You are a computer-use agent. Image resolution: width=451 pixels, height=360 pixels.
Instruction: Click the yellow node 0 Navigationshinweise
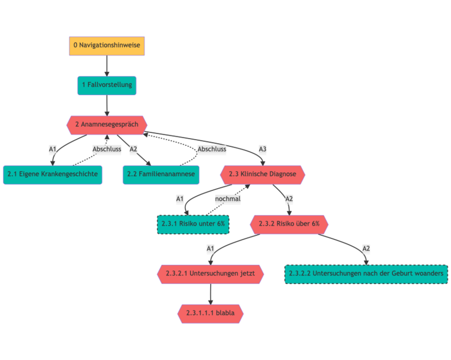107,45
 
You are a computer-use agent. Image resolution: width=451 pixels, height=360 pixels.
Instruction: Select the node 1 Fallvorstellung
107,85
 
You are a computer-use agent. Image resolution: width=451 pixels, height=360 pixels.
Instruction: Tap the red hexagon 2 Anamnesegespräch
107,124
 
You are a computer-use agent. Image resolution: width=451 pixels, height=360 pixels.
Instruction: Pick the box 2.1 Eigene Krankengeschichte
52,174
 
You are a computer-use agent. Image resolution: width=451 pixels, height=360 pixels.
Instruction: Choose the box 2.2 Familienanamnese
161,174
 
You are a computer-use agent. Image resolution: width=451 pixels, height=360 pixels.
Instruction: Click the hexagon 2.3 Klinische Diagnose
263,174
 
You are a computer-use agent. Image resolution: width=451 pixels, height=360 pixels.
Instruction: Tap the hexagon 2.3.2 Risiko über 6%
289,224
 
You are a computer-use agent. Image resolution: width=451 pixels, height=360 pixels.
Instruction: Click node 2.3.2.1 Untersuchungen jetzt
210,274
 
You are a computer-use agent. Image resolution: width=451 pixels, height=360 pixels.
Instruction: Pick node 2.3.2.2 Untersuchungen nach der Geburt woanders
366,274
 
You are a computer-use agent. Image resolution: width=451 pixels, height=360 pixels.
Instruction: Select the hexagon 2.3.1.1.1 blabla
210,313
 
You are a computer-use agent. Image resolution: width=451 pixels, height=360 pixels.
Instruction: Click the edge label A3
263,149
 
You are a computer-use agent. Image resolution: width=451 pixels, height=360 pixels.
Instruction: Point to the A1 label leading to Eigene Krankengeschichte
52,149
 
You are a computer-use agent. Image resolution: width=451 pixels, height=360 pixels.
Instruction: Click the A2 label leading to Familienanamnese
134,149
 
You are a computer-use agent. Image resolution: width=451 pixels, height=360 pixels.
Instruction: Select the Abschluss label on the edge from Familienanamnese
212,149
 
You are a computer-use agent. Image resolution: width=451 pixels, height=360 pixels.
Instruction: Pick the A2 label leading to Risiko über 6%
289,199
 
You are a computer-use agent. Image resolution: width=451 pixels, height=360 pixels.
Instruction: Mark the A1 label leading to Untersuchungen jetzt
210,248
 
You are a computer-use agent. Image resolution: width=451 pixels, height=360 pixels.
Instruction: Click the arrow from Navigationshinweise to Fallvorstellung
107,65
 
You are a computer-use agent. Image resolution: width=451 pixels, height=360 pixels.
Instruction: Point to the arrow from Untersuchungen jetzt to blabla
210,293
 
